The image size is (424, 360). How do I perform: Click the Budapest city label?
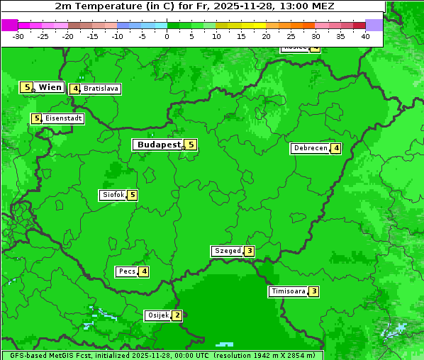tap(159, 145)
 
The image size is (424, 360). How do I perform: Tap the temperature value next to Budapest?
tap(190, 145)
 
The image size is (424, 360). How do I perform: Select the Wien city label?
tap(50, 87)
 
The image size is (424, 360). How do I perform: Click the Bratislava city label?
tap(100, 89)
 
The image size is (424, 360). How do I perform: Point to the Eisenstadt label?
tap(63, 118)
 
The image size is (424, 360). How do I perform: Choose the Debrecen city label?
tap(310, 148)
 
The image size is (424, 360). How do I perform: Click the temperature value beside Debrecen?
tap(335, 148)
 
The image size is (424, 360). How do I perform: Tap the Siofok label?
tap(112, 195)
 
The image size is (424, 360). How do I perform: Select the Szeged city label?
tap(228, 251)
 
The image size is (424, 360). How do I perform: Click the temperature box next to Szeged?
tap(249, 251)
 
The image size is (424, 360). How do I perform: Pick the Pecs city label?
tap(127, 271)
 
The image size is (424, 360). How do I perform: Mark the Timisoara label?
tap(288, 291)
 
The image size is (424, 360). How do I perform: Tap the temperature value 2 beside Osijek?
tap(177, 315)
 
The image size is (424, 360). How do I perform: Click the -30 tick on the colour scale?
tap(18, 36)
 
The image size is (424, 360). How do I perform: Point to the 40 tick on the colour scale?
tap(365, 36)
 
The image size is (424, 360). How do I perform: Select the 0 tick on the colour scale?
tap(167, 36)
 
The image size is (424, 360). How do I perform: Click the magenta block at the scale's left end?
tap(9, 25)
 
